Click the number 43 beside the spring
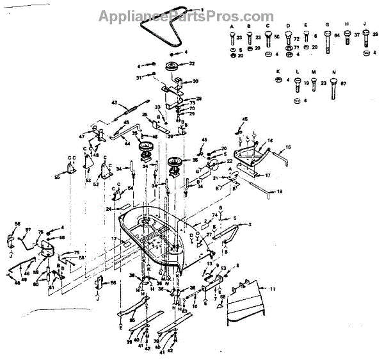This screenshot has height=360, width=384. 115,102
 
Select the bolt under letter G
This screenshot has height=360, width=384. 328,44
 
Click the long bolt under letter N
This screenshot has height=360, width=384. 333,88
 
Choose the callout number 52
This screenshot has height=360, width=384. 97,184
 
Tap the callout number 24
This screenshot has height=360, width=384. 109,209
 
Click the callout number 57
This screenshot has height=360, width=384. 28,229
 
